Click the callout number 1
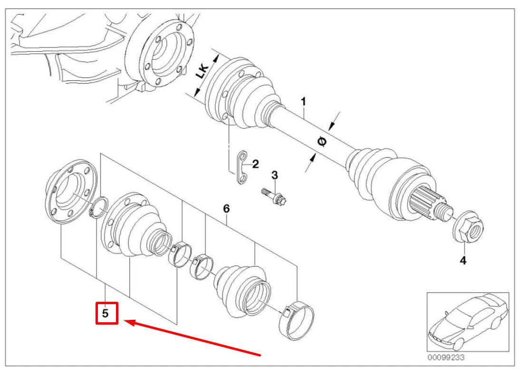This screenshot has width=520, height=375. coord(303,101)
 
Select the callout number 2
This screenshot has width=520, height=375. coord(255,164)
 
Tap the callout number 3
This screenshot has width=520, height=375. coord(274,175)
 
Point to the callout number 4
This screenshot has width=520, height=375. coord(462,260)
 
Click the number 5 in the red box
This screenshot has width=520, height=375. coord(106,313)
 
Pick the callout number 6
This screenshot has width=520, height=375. coord(226,208)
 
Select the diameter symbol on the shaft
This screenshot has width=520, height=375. coord(321,142)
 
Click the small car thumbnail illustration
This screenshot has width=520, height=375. coord(467,322)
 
